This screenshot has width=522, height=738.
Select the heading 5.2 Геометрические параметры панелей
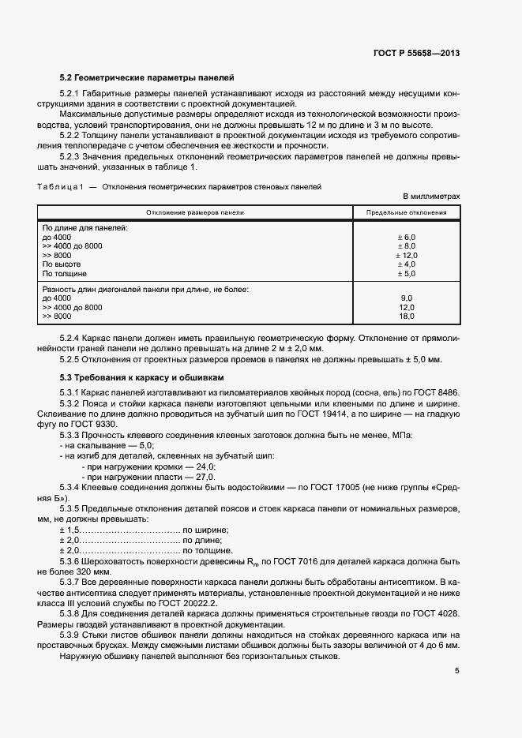click(x=146, y=77)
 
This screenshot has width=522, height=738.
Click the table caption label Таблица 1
click(x=61, y=186)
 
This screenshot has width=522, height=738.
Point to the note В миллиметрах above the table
click(x=431, y=196)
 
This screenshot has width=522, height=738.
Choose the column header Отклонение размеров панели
click(x=194, y=212)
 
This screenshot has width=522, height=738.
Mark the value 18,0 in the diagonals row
click(x=407, y=316)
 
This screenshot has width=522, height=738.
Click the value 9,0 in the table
click(x=407, y=298)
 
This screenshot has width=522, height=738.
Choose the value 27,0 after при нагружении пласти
click(x=205, y=478)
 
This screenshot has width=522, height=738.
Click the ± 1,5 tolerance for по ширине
click(x=69, y=529)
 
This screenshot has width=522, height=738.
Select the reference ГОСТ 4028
click(x=439, y=613)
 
